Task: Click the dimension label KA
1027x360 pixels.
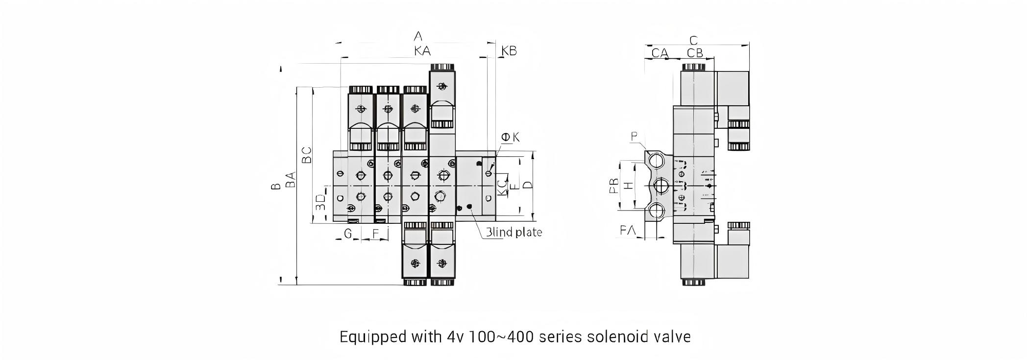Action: click(422, 50)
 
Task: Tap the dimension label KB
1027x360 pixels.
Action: click(509, 50)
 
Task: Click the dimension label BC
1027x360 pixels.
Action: click(307, 155)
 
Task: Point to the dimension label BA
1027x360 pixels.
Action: click(291, 179)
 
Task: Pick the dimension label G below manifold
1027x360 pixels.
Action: click(348, 234)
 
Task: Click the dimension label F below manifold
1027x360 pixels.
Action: click(376, 234)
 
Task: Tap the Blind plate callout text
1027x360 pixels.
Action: click(513, 232)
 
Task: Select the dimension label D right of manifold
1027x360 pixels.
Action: click(527, 185)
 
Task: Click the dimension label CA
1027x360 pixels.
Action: click(660, 52)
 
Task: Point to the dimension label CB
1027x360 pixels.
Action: click(695, 52)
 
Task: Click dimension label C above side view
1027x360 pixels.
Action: click(693, 40)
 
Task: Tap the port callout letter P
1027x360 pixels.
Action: click(635, 136)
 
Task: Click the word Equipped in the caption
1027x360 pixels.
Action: click(366, 337)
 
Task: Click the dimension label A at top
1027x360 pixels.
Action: click(417, 36)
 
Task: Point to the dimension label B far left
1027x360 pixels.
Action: click(276, 186)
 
